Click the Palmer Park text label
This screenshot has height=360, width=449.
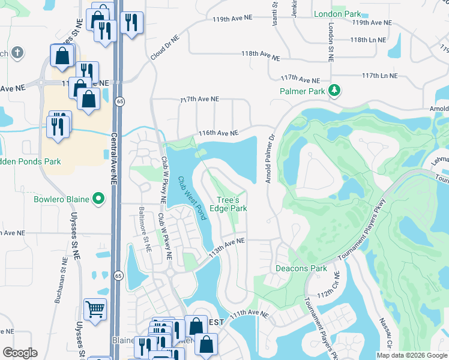click(301, 91)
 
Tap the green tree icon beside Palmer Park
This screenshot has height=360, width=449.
click(334, 91)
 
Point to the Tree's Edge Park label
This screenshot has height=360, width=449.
click(231, 205)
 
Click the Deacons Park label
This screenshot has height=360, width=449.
click(301, 268)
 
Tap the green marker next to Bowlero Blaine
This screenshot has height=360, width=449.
click(100, 199)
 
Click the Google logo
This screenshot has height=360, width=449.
click(20, 352)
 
